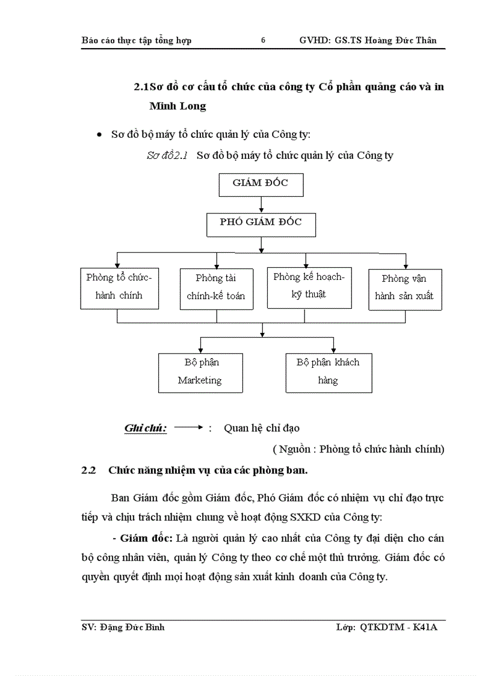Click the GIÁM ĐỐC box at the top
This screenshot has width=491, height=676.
tap(261, 184)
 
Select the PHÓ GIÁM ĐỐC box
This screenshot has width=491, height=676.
tap(261, 224)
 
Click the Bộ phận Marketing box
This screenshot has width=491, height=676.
tap(200, 373)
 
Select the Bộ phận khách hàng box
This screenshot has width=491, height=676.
tap(328, 373)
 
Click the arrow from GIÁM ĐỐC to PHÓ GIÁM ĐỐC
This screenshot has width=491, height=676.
tap(261, 203)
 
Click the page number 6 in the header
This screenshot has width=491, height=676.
tap(263, 40)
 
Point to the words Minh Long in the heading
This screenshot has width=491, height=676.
tap(178, 107)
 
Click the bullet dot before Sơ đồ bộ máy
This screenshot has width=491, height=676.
tap(100, 135)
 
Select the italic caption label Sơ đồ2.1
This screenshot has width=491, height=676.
tap(168, 155)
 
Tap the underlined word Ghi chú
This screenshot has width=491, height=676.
tap(146, 429)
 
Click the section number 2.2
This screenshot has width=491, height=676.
tap(89, 470)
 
